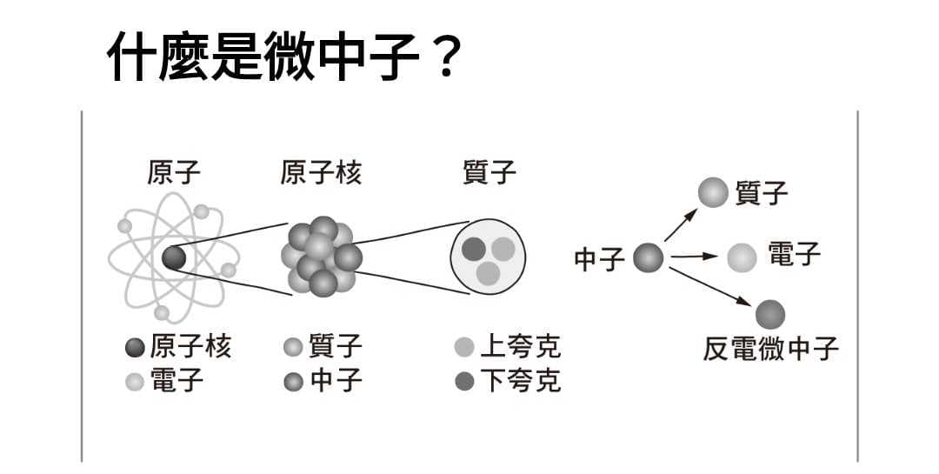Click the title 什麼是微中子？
(x=286, y=56)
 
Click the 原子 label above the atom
(x=174, y=172)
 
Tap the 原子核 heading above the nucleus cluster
(x=321, y=172)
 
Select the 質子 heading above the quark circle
(x=489, y=172)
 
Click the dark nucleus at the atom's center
(x=174, y=258)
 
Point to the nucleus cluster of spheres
(x=322, y=257)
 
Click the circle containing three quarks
(x=488, y=257)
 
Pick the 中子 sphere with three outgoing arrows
(x=649, y=257)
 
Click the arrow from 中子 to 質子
(x=682, y=225)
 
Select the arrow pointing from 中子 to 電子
(x=694, y=257)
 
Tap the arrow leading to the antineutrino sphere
(x=710, y=287)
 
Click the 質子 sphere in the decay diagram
(x=713, y=192)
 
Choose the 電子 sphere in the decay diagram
(x=742, y=257)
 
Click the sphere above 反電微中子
(x=770, y=315)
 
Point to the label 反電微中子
(x=770, y=349)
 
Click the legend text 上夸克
(x=521, y=346)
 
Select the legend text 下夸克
(x=521, y=381)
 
